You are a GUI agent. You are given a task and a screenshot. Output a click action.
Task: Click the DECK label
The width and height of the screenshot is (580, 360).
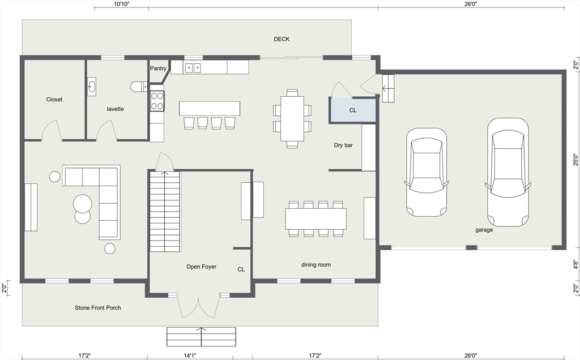pyautogui.click(x=282, y=39)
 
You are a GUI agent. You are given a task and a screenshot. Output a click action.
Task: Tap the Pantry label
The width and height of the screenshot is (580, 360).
pyautogui.click(x=158, y=68)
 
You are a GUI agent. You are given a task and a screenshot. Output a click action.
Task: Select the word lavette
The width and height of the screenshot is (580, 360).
pyautogui.click(x=116, y=109)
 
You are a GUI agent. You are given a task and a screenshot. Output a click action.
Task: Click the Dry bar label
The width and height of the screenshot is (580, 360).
pyautogui.click(x=343, y=145)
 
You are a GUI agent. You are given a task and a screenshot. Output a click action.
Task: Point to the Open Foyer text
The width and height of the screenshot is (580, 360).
pyautogui.click(x=201, y=267)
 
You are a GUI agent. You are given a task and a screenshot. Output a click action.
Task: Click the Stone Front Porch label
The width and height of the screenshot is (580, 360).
pyautogui.click(x=98, y=308)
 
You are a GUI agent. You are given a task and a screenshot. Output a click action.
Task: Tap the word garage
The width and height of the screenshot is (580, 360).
pyautogui.click(x=484, y=230)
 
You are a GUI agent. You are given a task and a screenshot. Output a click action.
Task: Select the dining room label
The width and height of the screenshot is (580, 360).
pyautogui.click(x=315, y=264)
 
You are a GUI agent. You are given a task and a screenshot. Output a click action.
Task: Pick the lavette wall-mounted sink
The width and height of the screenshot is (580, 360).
pyautogui.click(x=92, y=87)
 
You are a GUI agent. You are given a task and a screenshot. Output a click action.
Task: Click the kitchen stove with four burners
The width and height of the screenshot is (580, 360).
pyautogui.click(x=157, y=100)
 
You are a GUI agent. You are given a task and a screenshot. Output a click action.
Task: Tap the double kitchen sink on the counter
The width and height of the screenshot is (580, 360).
pyautogui.click(x=193, y=68)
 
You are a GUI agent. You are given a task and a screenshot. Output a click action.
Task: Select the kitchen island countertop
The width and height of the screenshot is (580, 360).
pyautogui.click(x=209, y=108)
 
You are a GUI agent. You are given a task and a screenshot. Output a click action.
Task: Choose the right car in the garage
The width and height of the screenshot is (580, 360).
pyautogui.click(x=507, y=172)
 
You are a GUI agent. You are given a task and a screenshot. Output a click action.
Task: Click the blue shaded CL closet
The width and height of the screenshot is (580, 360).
pyautogui.click(x=353, y=110)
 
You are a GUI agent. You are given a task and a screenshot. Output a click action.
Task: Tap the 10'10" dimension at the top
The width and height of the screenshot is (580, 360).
pyautogui.click(x=121, y=4)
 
